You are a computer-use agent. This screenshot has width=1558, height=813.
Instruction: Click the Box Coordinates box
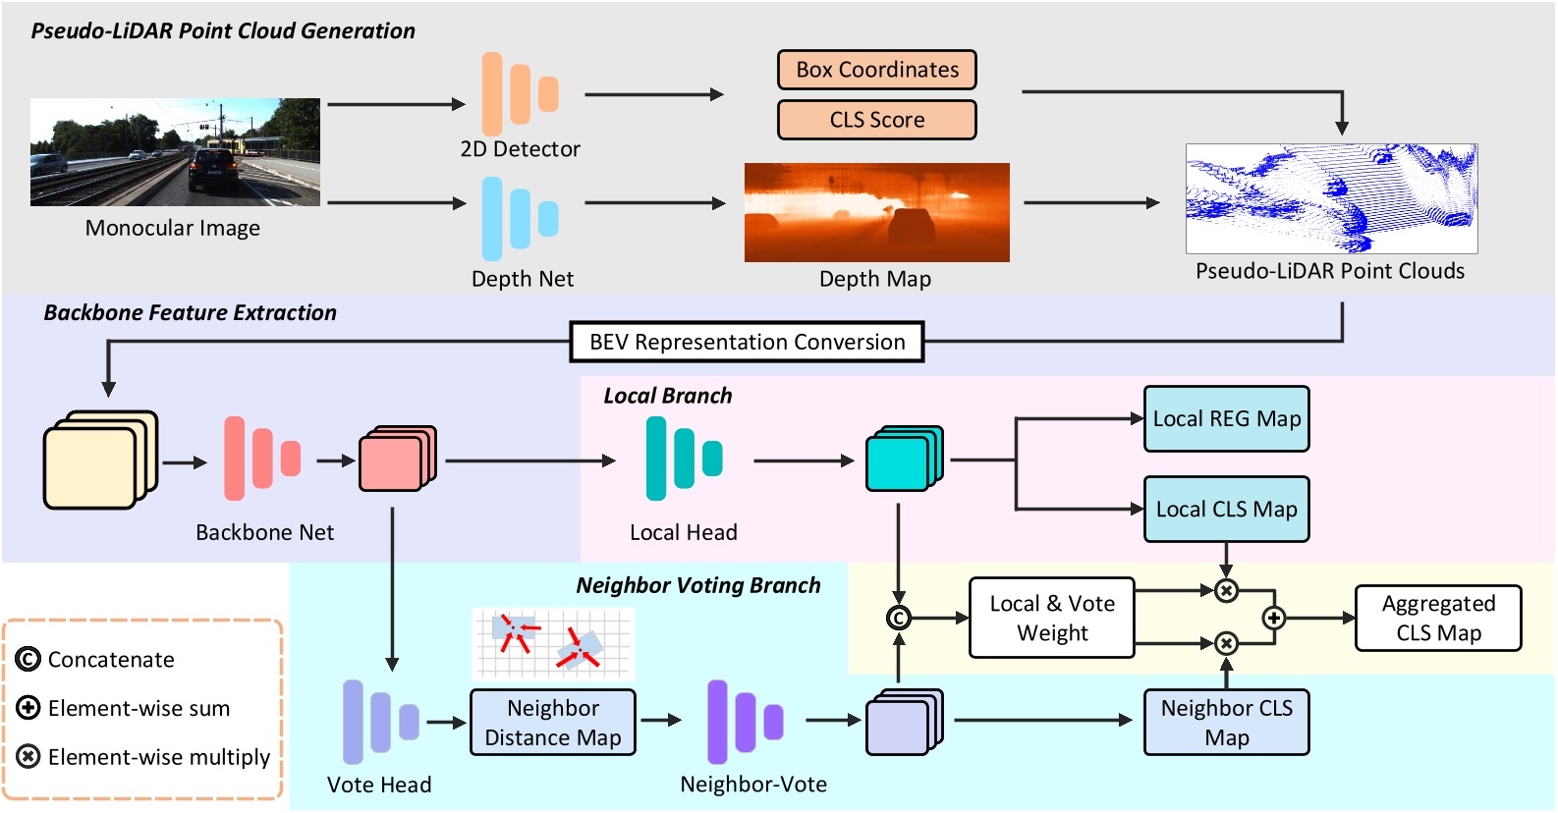(x=876, y=70)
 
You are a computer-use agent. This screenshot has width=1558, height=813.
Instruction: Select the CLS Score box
(x=876, y=120)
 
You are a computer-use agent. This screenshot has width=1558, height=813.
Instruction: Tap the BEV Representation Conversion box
(x=747, y=342)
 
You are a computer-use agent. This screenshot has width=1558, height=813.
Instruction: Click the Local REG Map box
(x=1226, y=419)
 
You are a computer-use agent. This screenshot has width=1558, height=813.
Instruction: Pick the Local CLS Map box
(x=1226, y=510)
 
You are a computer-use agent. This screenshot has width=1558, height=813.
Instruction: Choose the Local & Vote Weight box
(x=1051, y=618)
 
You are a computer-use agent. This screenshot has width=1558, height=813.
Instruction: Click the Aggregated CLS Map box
(x=1437, y=619)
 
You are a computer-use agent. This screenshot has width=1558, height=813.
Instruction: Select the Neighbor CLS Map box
(x=1226, y=723)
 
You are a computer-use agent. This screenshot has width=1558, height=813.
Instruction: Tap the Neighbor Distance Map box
(x=552, y=723)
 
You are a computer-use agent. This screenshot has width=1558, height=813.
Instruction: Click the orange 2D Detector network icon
(x=520, y=94)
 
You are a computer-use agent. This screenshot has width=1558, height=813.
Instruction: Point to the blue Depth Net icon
(x=520, y=218)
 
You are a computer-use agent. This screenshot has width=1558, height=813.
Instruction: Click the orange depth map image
(x=876, y=212)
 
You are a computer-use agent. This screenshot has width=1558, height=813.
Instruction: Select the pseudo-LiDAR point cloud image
(x=1331, y=198)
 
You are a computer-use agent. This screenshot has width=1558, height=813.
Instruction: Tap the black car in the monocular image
(x=213, y=169)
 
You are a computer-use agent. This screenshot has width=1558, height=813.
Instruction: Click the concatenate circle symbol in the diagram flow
(x=898, y=618)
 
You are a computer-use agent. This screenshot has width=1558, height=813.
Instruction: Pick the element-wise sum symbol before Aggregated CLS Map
(x=1273, y=618)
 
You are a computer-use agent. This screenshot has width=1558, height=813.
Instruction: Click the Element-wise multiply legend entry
(x=143, y=757)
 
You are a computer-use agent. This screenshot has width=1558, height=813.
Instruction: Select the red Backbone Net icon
(x=261, y=458)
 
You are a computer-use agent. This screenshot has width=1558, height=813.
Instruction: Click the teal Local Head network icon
(x=683, y=458)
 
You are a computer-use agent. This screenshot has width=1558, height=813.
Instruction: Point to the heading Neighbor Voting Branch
(x=697, y=585)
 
